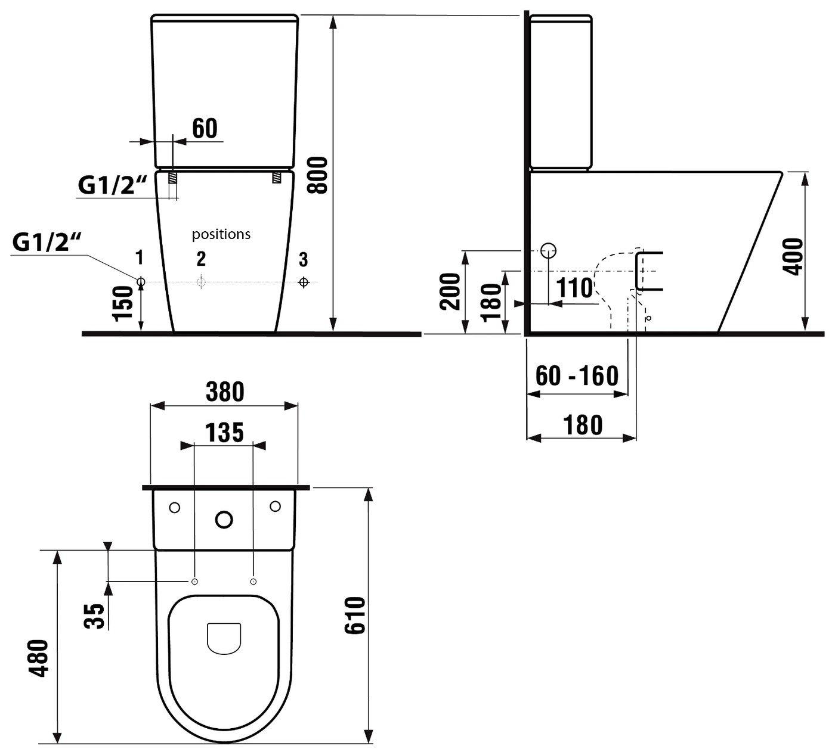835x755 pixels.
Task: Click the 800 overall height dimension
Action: pos(317,175)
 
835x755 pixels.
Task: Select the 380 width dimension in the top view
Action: pos(225,392)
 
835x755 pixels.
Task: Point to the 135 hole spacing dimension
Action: pos(224,433)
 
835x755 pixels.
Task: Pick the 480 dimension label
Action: pos(40,658)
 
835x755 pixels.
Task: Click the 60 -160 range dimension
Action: pos(577,375)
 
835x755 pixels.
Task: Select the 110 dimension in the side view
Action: pos(574,288)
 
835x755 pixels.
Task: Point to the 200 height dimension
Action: pos(450,291)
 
